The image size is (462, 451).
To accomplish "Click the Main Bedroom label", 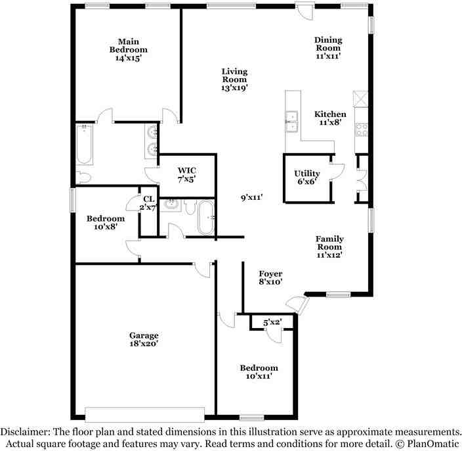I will pos(128,45).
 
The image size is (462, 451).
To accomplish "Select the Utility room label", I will pos(307,174).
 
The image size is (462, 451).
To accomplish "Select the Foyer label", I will pos(270,273).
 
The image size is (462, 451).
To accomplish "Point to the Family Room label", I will pos(329,239).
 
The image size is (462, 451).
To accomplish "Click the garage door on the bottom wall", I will pos(144,414).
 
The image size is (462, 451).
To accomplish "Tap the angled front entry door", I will pos(297,304).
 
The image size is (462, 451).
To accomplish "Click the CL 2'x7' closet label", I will pos(148,199).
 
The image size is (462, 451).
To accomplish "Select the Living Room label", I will pos(234,72).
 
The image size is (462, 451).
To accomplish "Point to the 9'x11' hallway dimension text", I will pos(251,197).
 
